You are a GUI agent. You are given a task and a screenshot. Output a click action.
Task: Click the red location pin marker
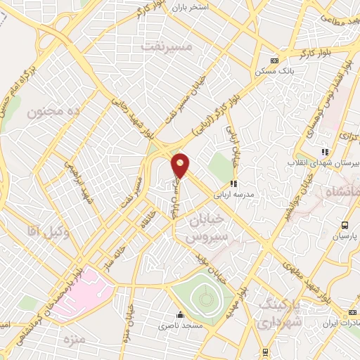pos(181,166)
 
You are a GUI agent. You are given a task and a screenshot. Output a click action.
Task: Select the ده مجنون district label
pos(53,111)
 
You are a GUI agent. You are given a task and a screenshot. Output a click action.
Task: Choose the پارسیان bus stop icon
pos(345,225)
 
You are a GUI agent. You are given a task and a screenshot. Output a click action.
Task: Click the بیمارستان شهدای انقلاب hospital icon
pos(324,150)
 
